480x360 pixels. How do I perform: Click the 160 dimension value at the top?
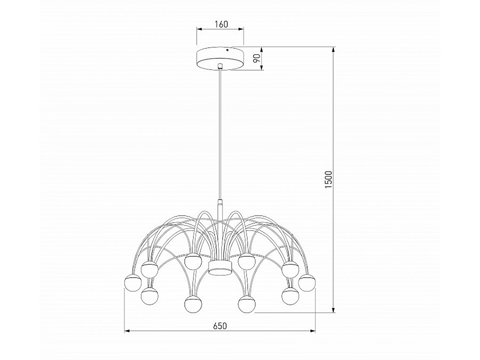(221, 24)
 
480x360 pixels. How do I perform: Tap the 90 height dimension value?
(257, 58)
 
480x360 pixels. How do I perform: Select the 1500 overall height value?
(329, 180)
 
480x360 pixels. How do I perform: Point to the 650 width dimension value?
(220, 326)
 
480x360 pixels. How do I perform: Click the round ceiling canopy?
(220, 58)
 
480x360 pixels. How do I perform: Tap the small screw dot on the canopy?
(227, 50)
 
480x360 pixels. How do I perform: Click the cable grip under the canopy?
(220, 66)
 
